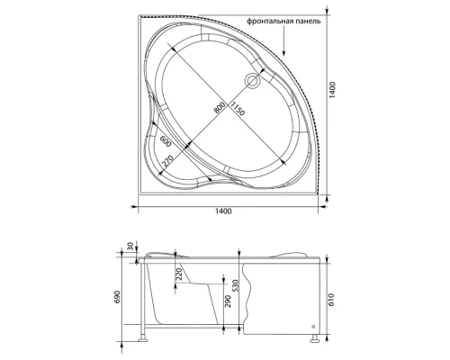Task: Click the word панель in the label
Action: pyautogui.click(x=308, y=22)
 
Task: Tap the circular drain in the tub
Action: pyautogui.click(x=253, y=81)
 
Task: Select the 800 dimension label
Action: pyautogui.click(x=220, y=107)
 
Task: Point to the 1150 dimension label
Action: pyautogui.click(x=238, y=109)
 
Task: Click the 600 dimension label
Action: pyautogui.click(x=166, y=141)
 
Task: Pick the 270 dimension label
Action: pyautogui.click(x=167, y=161)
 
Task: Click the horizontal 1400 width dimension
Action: pyautogui.click(x=223, y=211)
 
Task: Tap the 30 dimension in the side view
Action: pyautogui.click(x=130, y=247)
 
